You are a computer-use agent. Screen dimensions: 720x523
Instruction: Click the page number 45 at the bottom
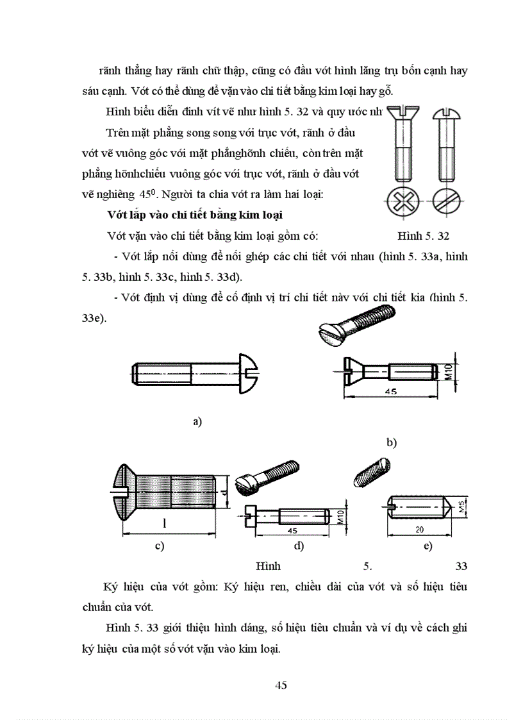point(281,685)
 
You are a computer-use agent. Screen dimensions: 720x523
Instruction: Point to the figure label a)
point(197,421)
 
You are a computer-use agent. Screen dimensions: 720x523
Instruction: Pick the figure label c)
point(160,546)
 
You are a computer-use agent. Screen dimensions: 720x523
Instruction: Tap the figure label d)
point(298,546)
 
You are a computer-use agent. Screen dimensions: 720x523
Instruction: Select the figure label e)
point(427,546)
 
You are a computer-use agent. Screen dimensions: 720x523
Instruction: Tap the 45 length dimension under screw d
point(293,531)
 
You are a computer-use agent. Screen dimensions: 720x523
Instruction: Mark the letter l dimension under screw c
point(165,524)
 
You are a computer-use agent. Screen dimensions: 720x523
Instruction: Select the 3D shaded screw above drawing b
point(357,323)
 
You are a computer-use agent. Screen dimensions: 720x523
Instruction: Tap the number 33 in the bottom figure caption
point(460,566)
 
